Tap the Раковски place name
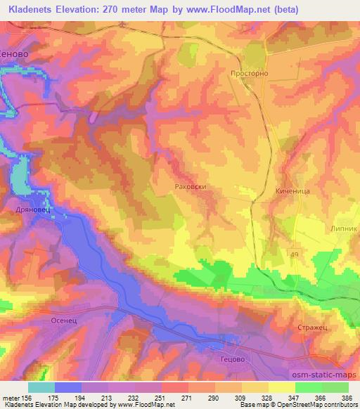pyautogui.click(x=189, y=186)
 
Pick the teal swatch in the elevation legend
pyautogui.click(x=41, y=387)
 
